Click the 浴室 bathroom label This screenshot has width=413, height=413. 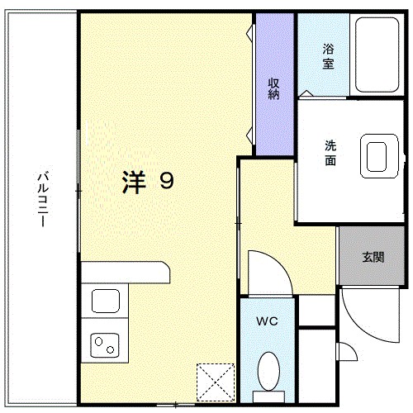328,56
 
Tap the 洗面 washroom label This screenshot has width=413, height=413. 330,153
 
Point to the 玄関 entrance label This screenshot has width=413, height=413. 372,256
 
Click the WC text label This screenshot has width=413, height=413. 266,320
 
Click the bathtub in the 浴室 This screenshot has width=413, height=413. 377,55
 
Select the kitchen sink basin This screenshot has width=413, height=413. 106,301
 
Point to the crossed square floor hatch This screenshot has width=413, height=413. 216,381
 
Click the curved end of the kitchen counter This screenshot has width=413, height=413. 165,272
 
